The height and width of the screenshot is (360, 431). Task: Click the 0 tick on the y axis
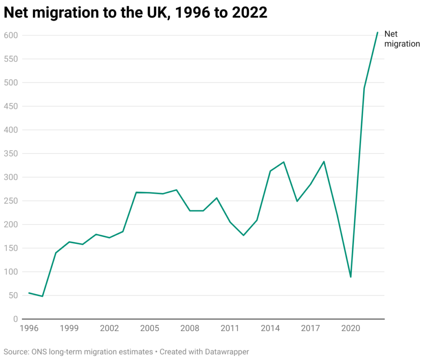(x=15, y=319)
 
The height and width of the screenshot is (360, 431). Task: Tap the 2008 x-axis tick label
(x=190, y=328)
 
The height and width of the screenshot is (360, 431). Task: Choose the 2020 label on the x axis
(x=351, y=328)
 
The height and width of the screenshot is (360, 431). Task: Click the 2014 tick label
(x=270, y=328)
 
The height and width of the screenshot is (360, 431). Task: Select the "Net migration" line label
(x=402, y=39)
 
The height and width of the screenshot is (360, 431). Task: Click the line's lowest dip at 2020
(x=351, y=277)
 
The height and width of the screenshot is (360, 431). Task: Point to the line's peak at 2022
(x=378, y=32)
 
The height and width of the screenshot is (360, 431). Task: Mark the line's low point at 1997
(x=43, y=296)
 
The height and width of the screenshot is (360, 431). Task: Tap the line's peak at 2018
(x=324, y=161)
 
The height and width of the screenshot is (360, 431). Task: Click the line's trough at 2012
(x=243, y=235)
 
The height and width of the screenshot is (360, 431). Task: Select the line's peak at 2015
(x=284, y=162)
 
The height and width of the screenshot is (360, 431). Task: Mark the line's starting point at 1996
(x=29, y=293)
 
